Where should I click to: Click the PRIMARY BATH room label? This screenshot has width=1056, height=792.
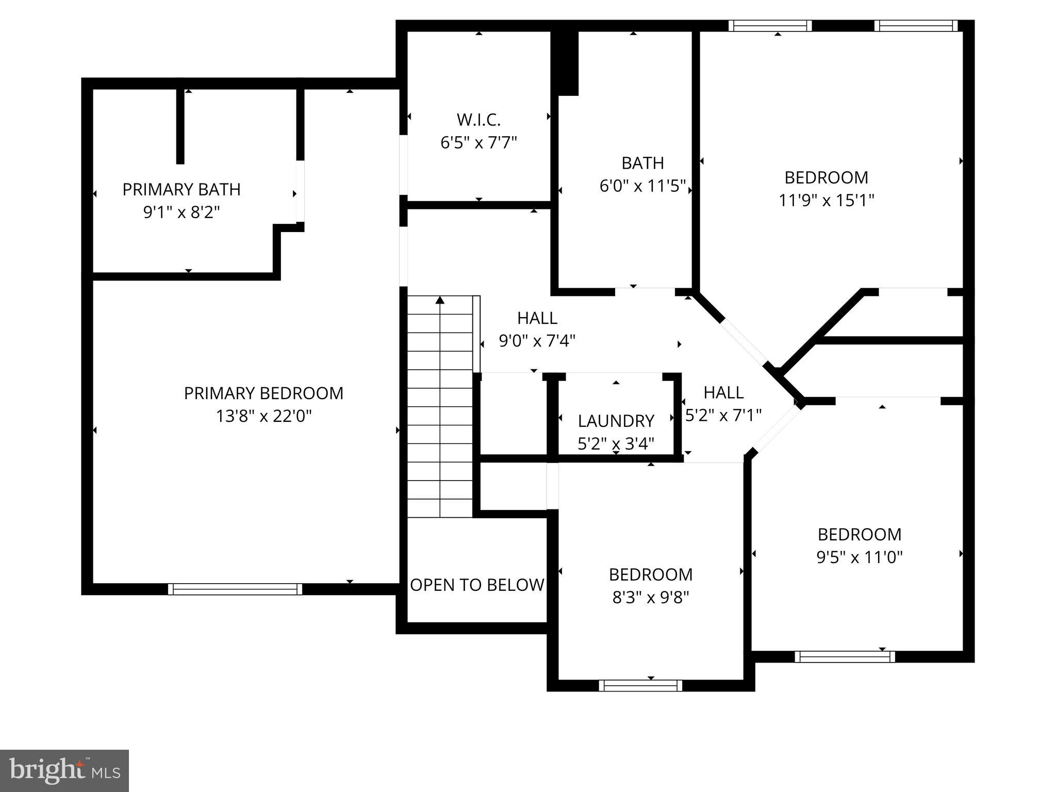tap(181, 190)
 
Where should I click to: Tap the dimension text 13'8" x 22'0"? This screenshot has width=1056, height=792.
tap(263, 416)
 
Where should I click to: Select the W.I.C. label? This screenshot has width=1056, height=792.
tap(478, 120)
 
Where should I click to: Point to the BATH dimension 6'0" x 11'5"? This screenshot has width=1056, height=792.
tap(642, 186)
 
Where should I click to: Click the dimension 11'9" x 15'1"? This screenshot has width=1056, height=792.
tap(826, 200)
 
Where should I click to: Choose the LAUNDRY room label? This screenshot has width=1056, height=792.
tap(616, 421)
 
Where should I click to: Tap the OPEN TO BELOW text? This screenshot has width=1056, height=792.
tap(477, 585)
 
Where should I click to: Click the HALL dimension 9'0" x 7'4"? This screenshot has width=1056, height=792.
tap(537, 341)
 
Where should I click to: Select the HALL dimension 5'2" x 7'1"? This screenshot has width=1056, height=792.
tap(723, 415)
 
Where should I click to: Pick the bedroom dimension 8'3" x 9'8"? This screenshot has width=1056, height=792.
tap(651, 597)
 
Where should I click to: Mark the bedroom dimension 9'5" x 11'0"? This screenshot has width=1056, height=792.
tap(860, 557)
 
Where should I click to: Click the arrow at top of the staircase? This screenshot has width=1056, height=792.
tap(440, 300)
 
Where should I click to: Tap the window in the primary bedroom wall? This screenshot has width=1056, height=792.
tap(235, 589)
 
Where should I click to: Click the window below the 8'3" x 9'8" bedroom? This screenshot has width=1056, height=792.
tap(640, 685)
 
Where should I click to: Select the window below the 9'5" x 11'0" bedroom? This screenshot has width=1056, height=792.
tap(845, 656)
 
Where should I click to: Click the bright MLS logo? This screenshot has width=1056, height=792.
tap(64, 771)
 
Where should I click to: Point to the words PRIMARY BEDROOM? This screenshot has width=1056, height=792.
tap(263, 393)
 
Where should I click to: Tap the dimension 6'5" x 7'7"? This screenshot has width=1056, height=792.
tap(478, 143)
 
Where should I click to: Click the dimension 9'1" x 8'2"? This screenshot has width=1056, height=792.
tap(181, 212)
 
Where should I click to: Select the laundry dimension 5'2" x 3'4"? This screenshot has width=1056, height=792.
tap(616, 443)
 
